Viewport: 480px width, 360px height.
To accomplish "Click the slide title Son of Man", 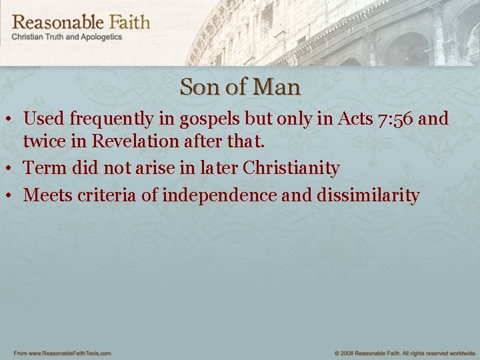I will pos(240,87).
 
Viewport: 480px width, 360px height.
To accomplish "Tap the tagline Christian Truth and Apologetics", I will pos(67,37).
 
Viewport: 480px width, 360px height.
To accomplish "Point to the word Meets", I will pos(47,195).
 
